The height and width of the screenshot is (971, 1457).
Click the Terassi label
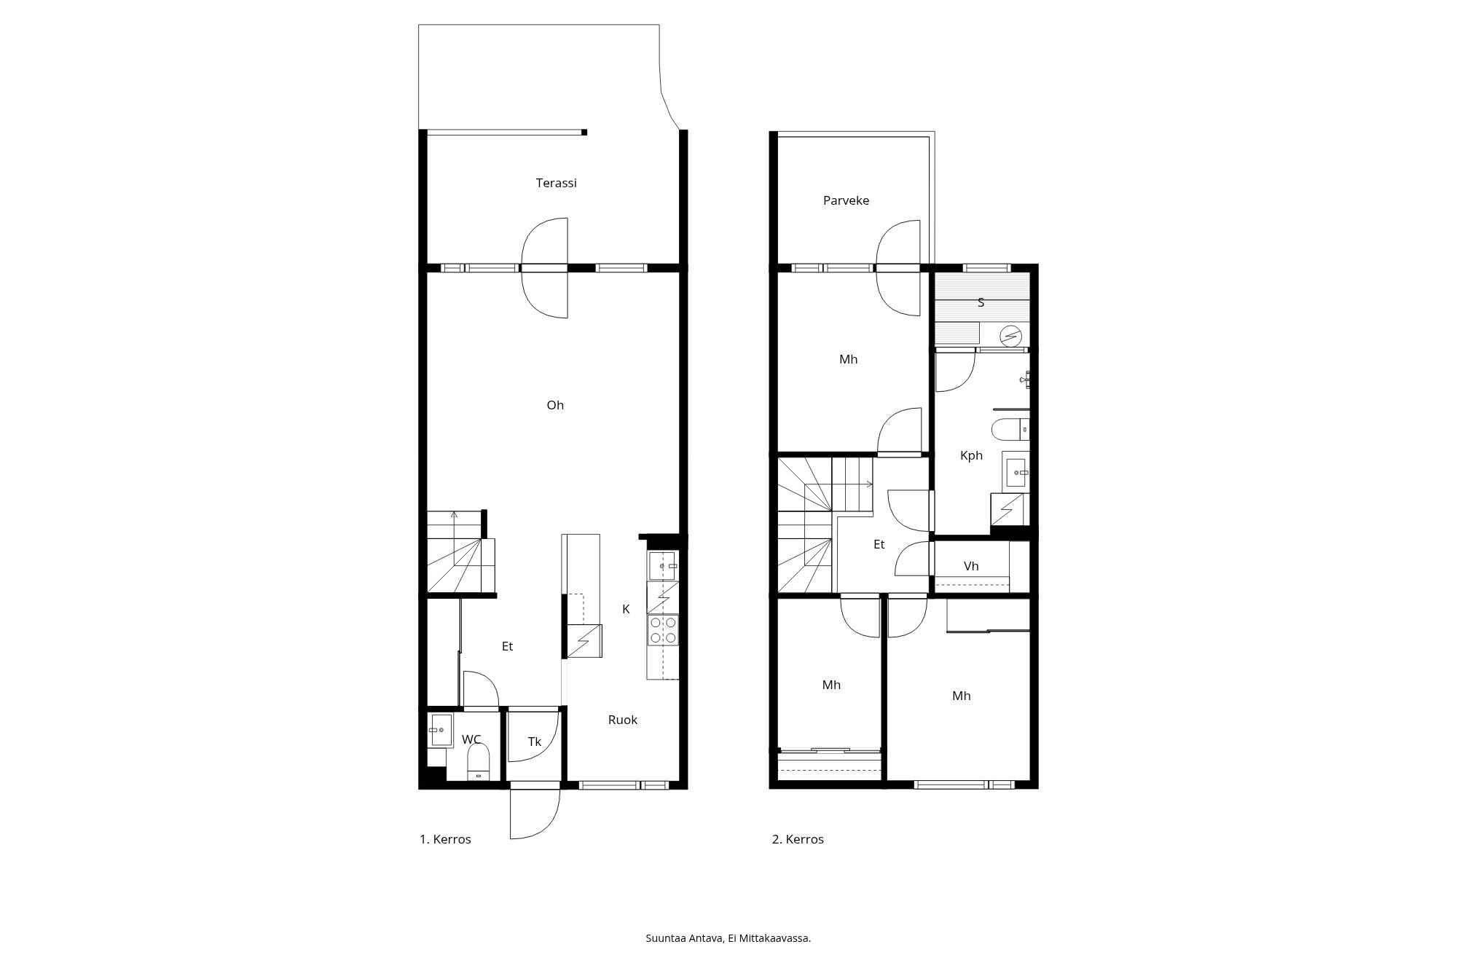(556, 183)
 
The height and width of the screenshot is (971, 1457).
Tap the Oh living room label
(555, 405)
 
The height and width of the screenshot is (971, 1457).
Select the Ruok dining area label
(622, 720)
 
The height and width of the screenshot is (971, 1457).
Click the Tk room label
(534, 742)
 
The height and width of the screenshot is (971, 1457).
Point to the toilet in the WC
(478, 762)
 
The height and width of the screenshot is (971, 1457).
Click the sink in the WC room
(440, 730)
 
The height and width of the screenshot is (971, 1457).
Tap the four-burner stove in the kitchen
(663, 630)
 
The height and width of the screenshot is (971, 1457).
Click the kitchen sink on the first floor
(661, 566)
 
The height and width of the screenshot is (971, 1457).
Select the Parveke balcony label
(846, 200)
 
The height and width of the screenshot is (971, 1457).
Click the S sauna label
(981, 302)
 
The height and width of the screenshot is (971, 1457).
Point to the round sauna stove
(1011, 336)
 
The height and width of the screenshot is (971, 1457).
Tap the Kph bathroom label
(971, 455)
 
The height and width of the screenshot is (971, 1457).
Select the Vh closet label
(970, 566)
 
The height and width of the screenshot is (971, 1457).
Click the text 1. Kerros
(445, 839)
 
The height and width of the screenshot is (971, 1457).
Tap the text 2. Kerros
(798, 839)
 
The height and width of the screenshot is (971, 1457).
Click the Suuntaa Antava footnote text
(728, 938)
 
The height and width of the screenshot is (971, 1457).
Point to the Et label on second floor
(879, 544)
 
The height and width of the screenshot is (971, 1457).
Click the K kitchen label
(625, 609)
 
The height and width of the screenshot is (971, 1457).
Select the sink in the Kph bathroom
(1016, 472)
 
